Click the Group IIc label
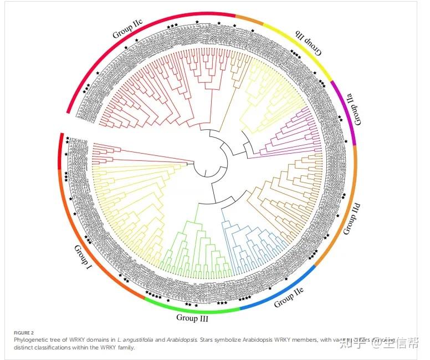[x=128, y=28]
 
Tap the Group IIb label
[x=308, y=43]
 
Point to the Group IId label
[x=354, y=220]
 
